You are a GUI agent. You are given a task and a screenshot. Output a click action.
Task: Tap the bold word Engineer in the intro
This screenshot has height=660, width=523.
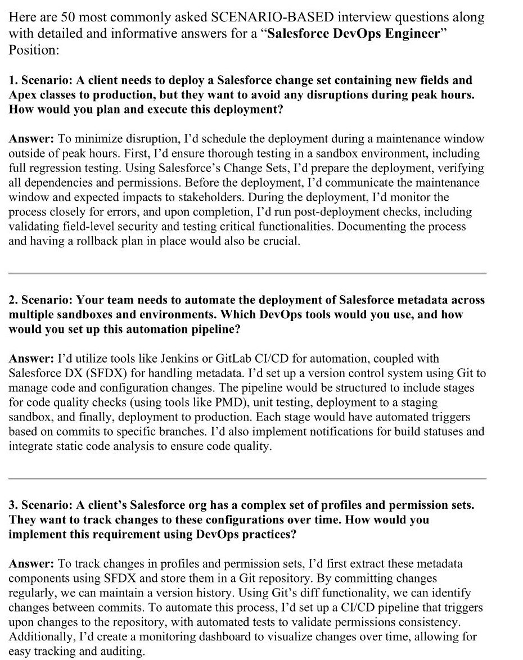pyautogui.click(x=411, y=33)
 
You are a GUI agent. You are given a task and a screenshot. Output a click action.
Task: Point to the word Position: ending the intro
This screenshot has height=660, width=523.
pyautogui.click(x=34, y=49)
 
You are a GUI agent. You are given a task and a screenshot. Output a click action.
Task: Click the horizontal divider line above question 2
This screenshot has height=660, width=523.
pyautogui.click(x=247, y=273)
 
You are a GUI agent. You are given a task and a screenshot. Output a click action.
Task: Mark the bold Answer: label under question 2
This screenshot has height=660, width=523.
pyautogui.click(x=31, y=359)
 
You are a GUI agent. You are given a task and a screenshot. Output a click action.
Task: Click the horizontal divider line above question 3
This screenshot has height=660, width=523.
pyautogui.click(x=247, y=478)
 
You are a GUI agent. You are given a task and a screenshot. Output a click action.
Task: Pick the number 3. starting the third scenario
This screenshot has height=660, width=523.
pyautogui.click(x=13, y=505)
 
